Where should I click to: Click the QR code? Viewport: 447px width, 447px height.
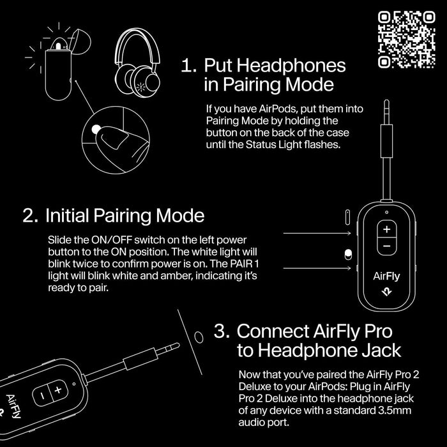coord(407,40)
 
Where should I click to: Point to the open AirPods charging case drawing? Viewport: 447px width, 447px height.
coord(59,67)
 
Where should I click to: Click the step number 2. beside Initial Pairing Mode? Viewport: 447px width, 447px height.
coord(31,215)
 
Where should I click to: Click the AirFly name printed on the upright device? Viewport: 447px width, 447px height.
coord(386,277)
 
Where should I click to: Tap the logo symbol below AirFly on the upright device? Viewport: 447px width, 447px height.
coord(387,294)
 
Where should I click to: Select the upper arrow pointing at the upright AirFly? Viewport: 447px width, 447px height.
coord(315,233)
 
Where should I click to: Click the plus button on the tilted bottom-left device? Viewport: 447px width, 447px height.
coord(57,389)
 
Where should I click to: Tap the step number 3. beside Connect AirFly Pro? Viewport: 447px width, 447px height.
coord(222,331)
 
